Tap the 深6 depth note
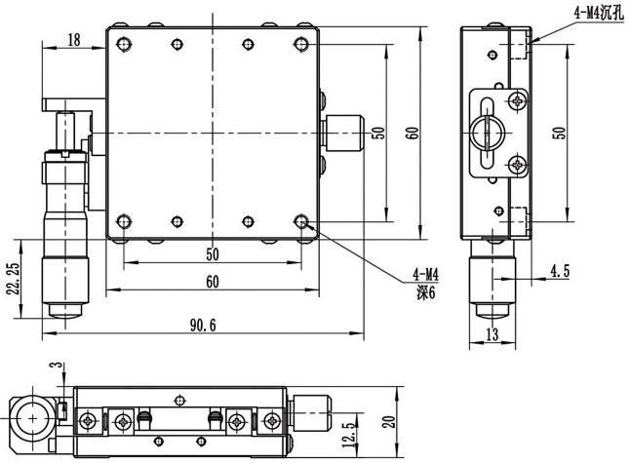pos(424,290)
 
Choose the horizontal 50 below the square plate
pos(212,254)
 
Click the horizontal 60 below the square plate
pos(212,282)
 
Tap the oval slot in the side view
pos(485,134)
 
